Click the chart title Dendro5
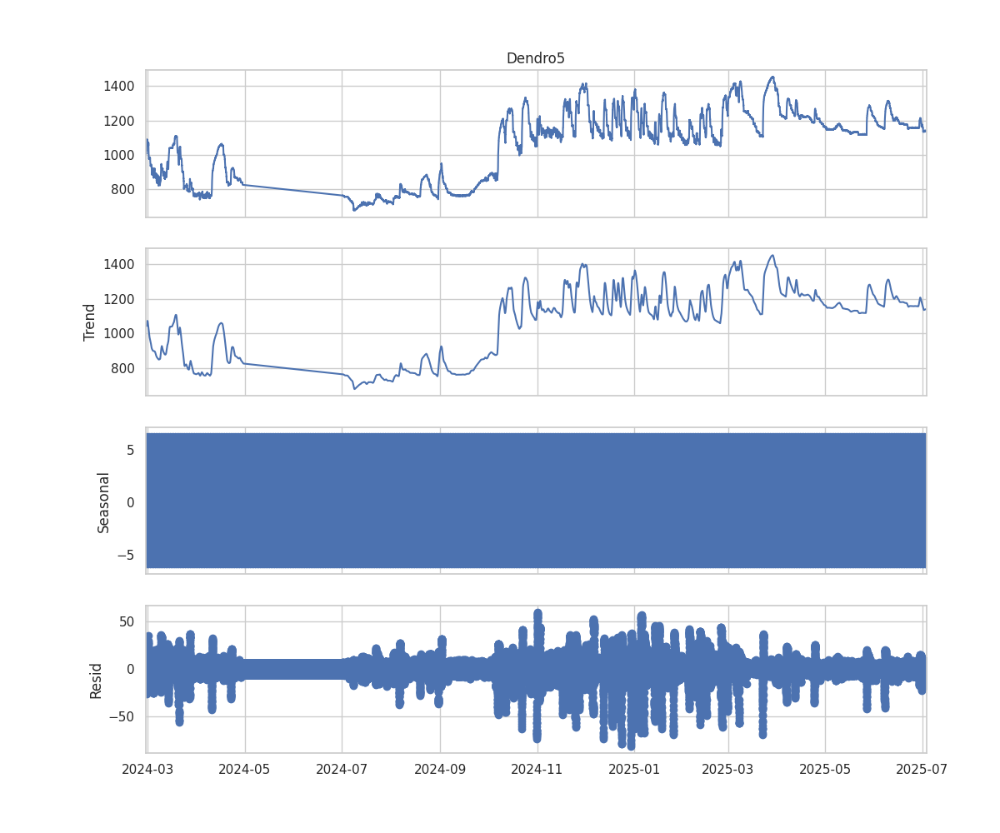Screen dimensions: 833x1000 [x=535, y=58]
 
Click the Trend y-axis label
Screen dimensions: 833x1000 [x=90, y=322]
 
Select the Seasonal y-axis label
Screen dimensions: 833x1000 [x=103, y=501]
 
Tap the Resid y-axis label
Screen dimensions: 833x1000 [x=96, y=680]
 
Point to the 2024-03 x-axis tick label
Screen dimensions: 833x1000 [x=147, y=768]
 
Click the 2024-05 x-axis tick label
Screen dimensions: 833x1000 [x=245, y=768]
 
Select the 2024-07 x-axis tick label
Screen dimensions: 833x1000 [x=342, y=768]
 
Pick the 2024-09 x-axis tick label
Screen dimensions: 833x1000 [x=441, y=768]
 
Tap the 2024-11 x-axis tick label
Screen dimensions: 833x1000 [x=537, y=768]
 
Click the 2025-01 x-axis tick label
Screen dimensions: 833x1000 [x=634, y=768]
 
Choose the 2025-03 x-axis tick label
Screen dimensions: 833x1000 [x=728, y=768]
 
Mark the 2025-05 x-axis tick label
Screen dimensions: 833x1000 [x=825, y=768]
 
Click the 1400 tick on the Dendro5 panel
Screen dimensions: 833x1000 [x=119, y=86]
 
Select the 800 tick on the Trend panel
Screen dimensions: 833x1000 [x=122, y=368]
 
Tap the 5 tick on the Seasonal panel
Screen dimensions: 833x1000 [x=130, y=450]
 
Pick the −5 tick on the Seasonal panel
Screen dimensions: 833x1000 [x=126, y=554]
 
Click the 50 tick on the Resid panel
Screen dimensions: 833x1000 [x=127, y=621]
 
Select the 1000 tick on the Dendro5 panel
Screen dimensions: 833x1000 [x=119, y=155]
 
